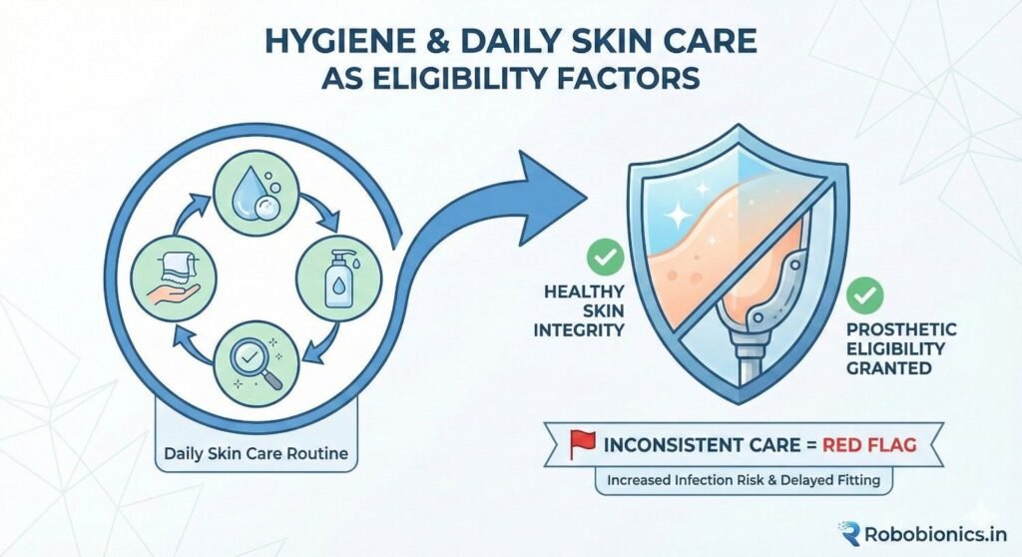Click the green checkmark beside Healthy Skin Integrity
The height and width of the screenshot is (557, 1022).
click(x=605, y=258)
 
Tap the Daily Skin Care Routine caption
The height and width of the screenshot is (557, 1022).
click(x=256, y=454)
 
